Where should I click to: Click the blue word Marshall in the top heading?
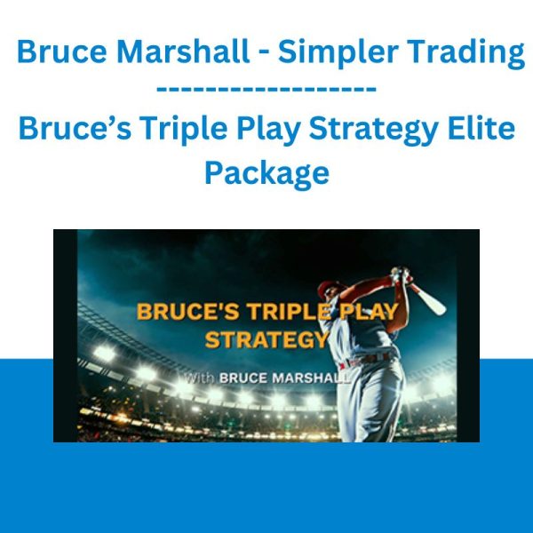point(183,52)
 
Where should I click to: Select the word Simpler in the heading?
point(338,53)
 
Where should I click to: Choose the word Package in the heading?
point(266,174)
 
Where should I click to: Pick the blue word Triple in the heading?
point(184,130)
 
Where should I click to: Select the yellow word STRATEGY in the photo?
point(266,339)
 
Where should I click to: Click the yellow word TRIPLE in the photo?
point(289,311)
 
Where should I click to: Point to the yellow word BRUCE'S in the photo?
point(187,311)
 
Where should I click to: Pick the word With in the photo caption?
point(199,378)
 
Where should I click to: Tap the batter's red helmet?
point(327,289)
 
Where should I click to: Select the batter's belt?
point(365,360)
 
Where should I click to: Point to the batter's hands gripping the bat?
point(401,275)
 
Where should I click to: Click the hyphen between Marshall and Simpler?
point(264,55)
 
